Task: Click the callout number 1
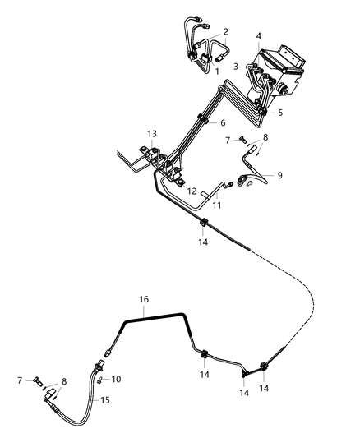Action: tap(217, 71)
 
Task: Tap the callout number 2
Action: tap(226, 32)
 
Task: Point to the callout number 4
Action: tap(259, 35)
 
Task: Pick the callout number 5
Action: tap(281, 113)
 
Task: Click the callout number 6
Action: tap(222, 122)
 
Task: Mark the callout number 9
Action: tap(279, 174)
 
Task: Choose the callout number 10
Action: tap(116, 379)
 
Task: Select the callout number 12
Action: tap(191, 191)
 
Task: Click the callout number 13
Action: tap(151, 133)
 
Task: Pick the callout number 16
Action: tap(145, 301)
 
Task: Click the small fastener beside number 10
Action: tap(99, 380)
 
